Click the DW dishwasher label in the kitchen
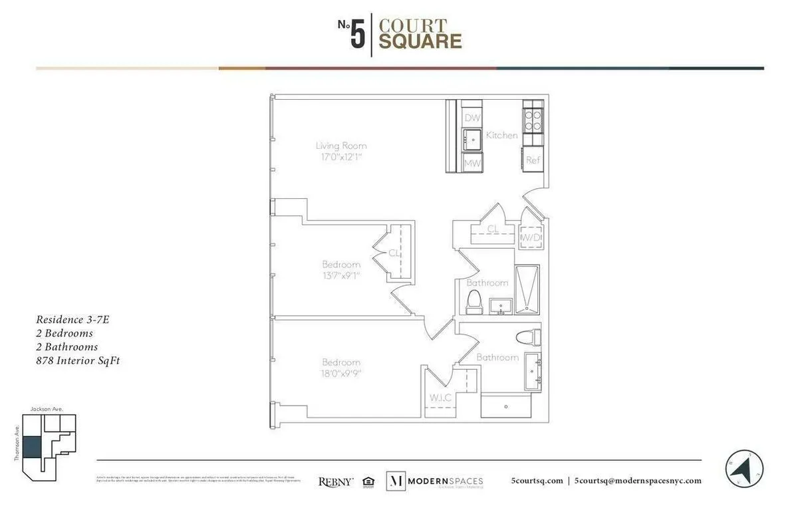472,118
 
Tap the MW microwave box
472,162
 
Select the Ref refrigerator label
533,160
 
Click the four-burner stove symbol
533,119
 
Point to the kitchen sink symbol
473,139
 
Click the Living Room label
341,146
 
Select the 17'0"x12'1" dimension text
341,158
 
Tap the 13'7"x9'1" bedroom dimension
341,275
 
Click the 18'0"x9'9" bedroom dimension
341,374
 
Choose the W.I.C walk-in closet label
440,398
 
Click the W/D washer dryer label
531,237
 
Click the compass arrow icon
744,469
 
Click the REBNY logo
336,481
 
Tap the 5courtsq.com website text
537,481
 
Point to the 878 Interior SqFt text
77,361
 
